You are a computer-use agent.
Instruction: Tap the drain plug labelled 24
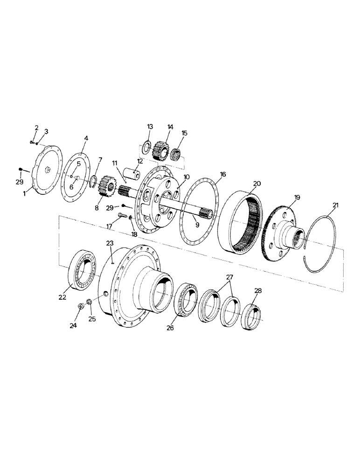tap(80, 308)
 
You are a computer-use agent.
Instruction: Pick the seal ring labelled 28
tap(252, 318)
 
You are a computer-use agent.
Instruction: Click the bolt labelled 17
tap(122, 215)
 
